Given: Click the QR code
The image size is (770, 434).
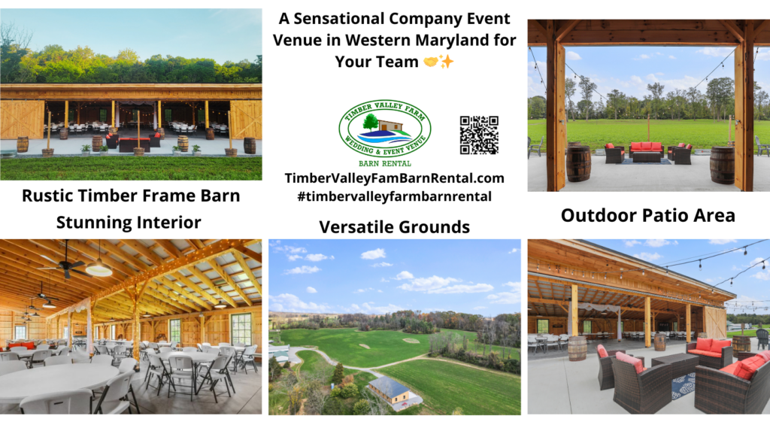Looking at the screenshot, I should tap(478, 135).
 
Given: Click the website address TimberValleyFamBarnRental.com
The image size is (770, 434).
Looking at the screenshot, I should tap(394, 178).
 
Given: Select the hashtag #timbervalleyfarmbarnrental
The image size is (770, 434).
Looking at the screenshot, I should tap(394, 196).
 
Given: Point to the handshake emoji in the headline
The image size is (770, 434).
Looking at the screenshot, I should tap(429, 62).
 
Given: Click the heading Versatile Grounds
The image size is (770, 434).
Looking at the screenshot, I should tap(394, 226).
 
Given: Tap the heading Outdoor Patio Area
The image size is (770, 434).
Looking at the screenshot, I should tap(647, 215).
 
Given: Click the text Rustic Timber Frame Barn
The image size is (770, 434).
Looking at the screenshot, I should tap(131, 196).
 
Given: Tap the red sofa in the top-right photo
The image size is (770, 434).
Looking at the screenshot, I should tap(646, 148).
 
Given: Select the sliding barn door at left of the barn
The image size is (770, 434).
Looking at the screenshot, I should tap(22, 119).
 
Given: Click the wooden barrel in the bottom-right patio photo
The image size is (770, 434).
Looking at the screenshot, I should tap(577, 348).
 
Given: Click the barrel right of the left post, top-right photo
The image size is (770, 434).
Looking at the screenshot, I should tap(577, 163).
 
